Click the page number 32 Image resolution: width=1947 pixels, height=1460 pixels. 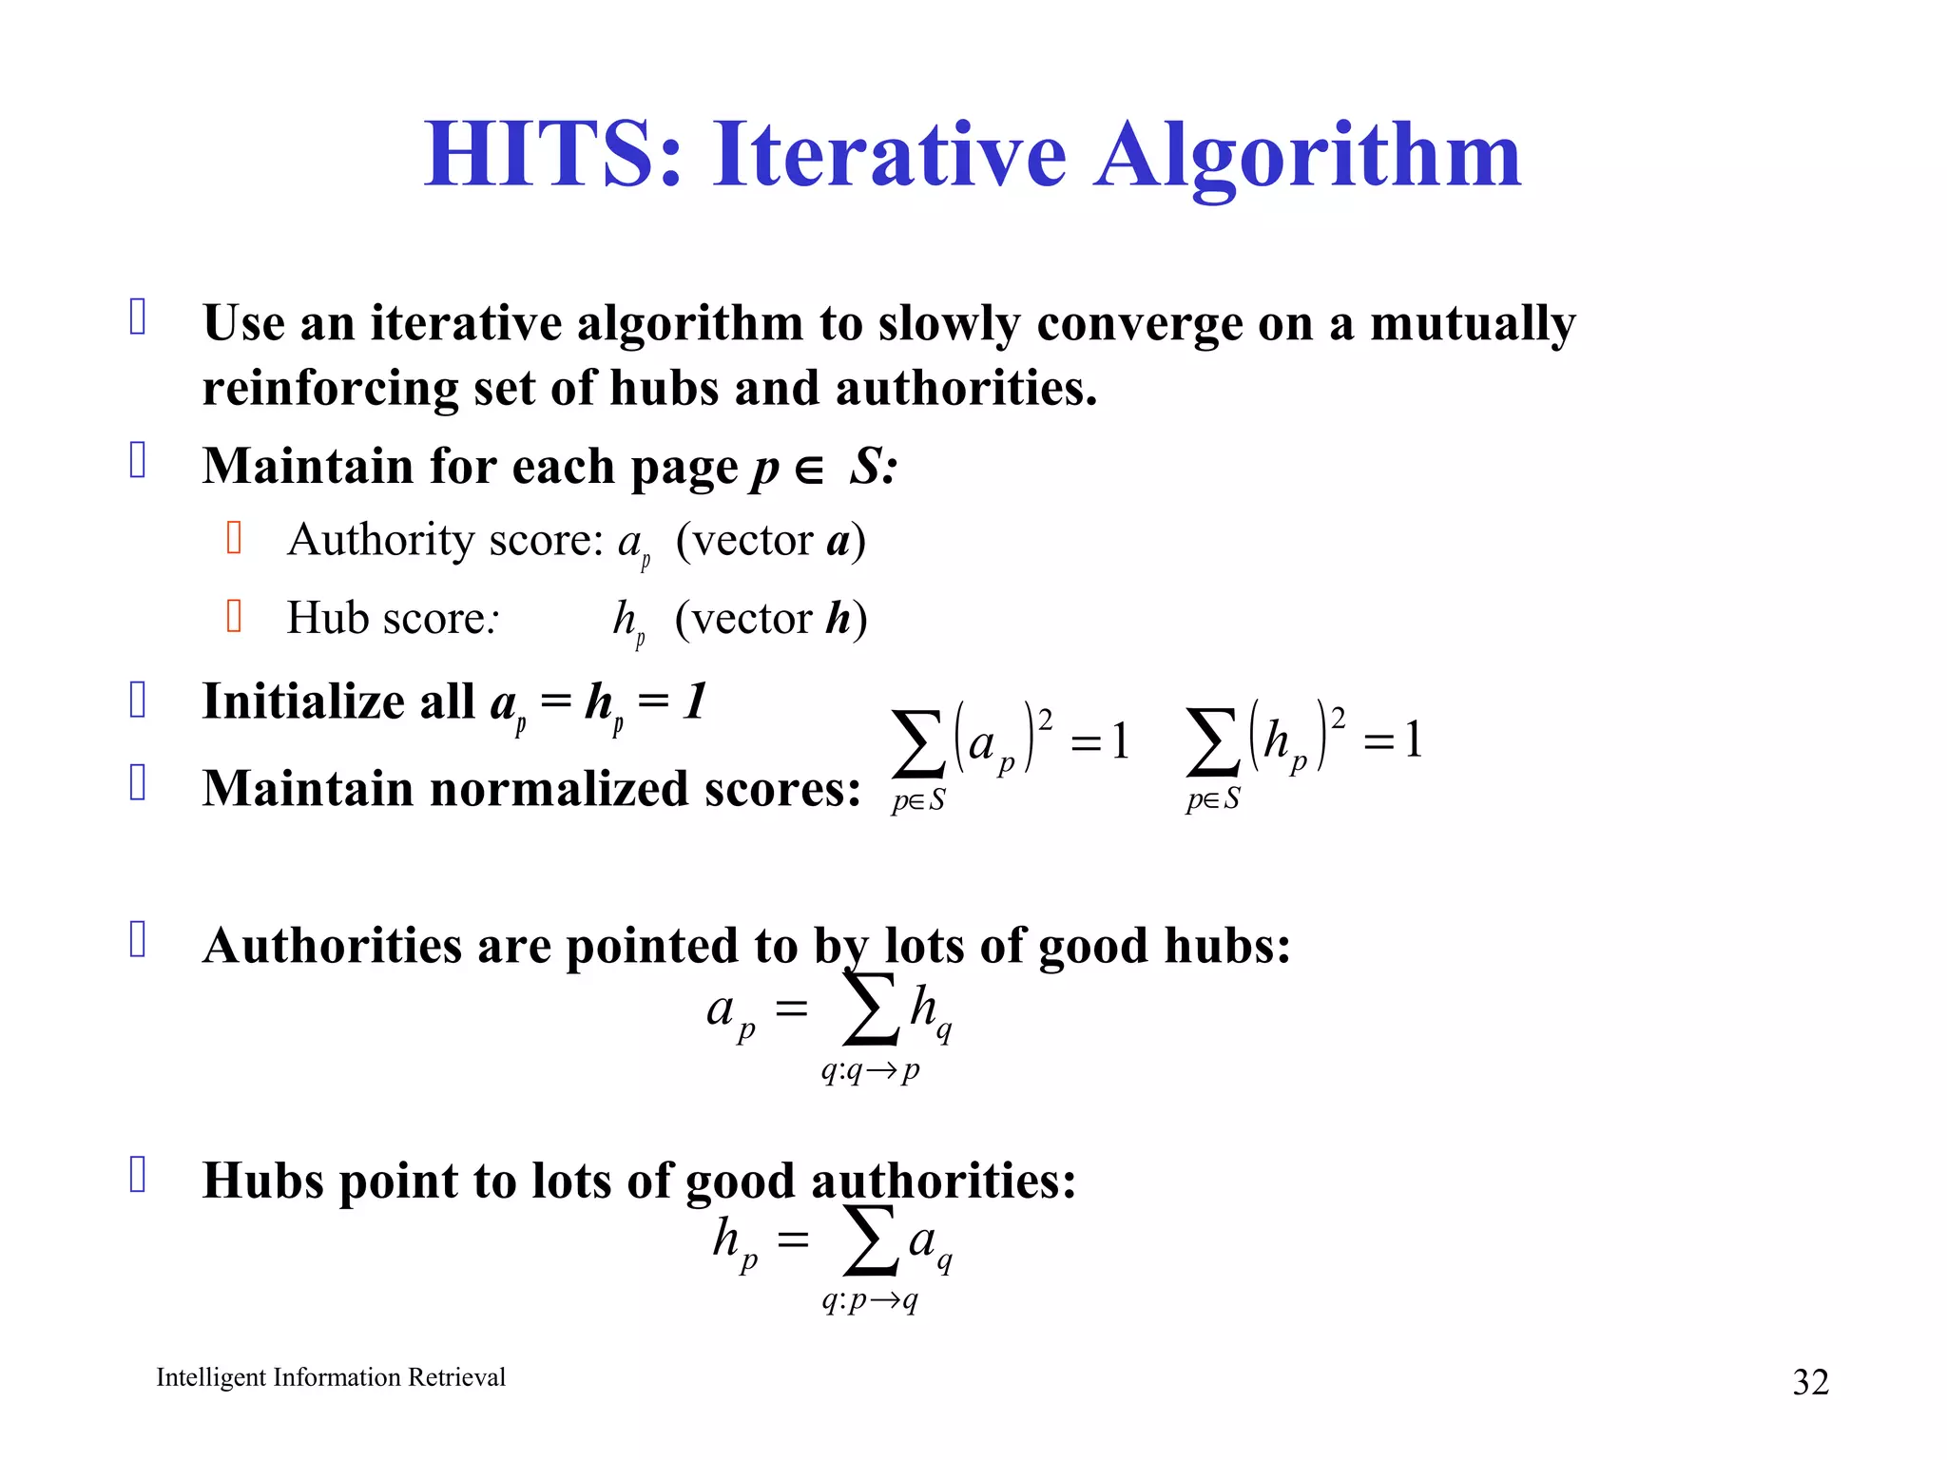(x=1810, y=1382)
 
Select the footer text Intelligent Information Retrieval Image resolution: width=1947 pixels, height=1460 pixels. (x=331, y=1377)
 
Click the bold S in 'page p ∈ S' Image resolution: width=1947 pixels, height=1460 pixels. (x=867, y=467)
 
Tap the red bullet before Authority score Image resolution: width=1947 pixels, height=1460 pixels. (x=235, y=538)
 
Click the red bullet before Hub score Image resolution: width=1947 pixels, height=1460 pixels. (x=235, y=616)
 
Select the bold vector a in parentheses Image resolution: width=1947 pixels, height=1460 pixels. (x=838, y=541)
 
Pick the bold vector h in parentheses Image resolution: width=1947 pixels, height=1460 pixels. (x=838, y=619)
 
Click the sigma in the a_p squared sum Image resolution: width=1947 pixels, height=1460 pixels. (x=918, y=743)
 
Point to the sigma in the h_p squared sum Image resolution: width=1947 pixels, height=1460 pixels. (x=1213, y=743)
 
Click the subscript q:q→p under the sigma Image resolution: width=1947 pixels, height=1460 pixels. (x=871, y=1071)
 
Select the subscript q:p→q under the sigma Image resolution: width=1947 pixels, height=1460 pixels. (x=871, y=1299)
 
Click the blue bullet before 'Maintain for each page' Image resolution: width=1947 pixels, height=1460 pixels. (x=138, y=460)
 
